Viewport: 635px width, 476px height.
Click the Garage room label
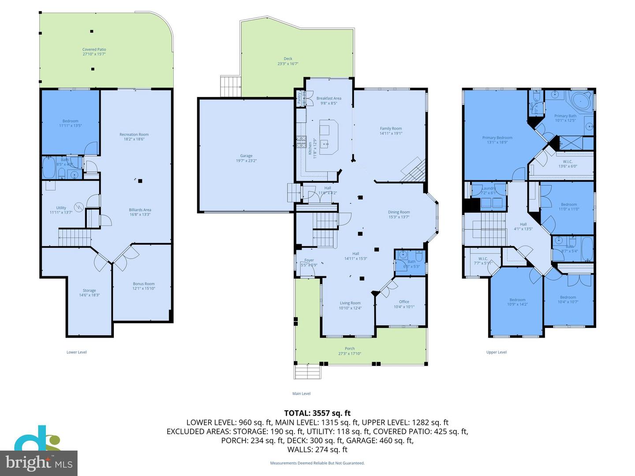click(x=246, y=156)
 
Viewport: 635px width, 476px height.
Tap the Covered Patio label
click(x=94, y=50)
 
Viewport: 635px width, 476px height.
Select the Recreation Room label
click(x=134, y=134)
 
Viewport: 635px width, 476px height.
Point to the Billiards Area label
click(x=140, y=210)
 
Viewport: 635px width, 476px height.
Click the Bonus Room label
click(x=144, y=284)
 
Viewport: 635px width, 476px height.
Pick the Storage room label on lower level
click(x=89, y=290)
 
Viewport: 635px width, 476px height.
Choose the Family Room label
click(x=391, y=129)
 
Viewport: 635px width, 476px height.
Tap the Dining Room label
click(x=399, y=212)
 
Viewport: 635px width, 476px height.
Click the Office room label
click(x=404, y=302)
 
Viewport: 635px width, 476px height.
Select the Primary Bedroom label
click(x=497, y=138)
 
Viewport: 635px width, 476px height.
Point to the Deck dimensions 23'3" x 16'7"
click(x=288, y=64)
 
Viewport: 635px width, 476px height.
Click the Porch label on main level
click(x=350, y=349)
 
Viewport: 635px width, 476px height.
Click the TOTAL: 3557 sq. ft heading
click(x=317, y=413)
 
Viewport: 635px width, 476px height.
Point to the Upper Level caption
click(x=496, y=352)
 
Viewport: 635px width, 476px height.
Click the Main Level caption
click(x=301, y=394)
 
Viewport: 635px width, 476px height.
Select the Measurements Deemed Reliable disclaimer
click(x=317, y=463)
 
